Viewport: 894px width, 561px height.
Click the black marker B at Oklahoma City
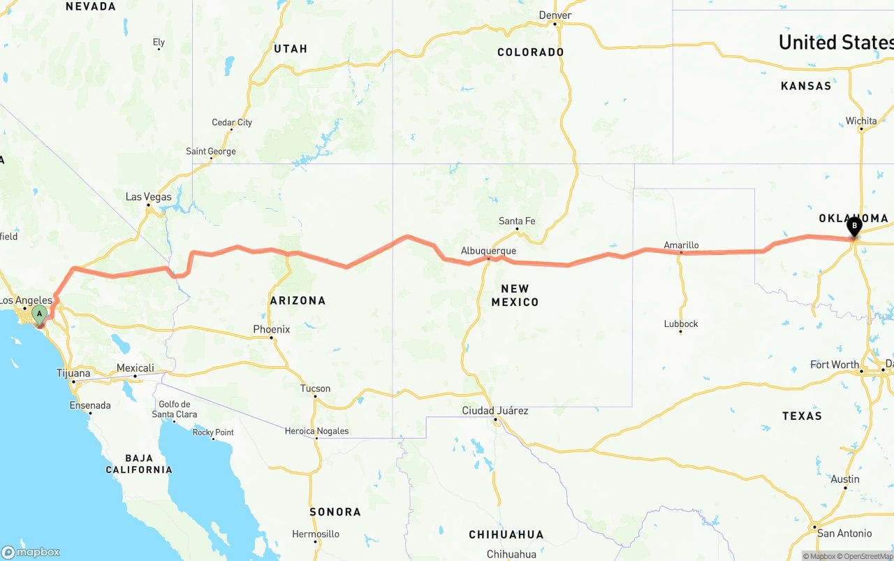[x=853, y=226]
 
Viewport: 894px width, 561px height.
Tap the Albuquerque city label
[x=488, y=251]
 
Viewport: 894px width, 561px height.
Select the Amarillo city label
[x=681, y=245]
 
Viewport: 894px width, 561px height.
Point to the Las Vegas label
[x=148, y=197]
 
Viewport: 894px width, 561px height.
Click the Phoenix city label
[x=272, y=329]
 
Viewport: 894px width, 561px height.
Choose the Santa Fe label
[x=517, y=221]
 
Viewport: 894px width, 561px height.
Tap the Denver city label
[x=555, y=15]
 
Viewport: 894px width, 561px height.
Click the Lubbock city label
[x=681, y=323]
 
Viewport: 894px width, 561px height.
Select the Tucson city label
[x=315, y=388]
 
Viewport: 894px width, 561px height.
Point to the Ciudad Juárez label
[x=495, y=410]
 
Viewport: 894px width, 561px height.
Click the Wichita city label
[x=861, y=121]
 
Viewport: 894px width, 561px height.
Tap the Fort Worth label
[x=835, y=364]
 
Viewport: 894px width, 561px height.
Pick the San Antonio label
[x=844, y=533]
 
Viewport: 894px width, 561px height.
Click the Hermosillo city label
[x=316, y=534]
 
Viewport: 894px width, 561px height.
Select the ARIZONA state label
[x=298, y=300]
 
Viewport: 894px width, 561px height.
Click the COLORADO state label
[x=530, y=52]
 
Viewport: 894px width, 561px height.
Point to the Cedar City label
[x=232, y=122]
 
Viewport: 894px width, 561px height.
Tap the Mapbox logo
[x=31, y=552]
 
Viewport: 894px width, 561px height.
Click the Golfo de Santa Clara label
[x=175, y=409]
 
